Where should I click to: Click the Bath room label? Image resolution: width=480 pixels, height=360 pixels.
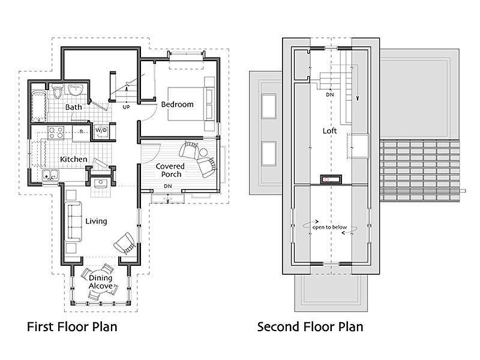pyautogui.click(x=73, y=107)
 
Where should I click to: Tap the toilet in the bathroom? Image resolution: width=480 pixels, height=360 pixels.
pyautogui.click(x=57, y=91)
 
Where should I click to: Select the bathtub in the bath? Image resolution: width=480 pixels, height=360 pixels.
pyautogui.click(x=39, y=106)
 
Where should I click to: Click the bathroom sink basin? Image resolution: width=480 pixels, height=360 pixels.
pyautogui.click(x=76, y=91)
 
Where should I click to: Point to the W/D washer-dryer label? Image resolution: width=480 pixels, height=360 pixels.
pyautogui.click(x=101, y=130)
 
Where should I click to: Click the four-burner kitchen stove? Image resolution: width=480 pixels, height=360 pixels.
pyautogui.click(x=56, y=133)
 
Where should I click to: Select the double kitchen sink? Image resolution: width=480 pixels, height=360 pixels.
pyautogui.click(x=50, y=175)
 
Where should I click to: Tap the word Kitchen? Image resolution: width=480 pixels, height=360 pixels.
pyautogui.click(x=74, y=159)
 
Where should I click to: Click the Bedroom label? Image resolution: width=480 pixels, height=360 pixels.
pyautogui.click(x=178, y=104)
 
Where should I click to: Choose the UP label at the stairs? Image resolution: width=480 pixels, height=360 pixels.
pyautogui.click(x=126, y=107)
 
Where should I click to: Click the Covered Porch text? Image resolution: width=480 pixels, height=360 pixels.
pyautogui.click(x=170, y=170)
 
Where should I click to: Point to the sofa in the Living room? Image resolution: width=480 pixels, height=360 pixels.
pyautogui.click(x=73, y=221)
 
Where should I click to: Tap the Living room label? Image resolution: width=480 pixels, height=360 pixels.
pyautogui.click(x=96, y=221)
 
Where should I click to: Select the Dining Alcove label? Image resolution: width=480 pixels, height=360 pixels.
pyautogui.click(x=100, y=281)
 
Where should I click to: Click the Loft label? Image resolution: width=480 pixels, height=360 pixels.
pyautogui.click(x=329, y=131)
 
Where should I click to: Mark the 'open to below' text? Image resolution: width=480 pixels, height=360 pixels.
pyautogui.click(x=329, y=227)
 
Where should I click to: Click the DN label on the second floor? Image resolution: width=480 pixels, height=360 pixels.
pyautogui.click(x=329, y=95)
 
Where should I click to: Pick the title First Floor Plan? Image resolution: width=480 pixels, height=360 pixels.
pyautogui.click(x=72, y=326)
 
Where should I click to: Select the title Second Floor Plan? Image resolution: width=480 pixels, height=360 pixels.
pyautogui.click(x=310, y=326)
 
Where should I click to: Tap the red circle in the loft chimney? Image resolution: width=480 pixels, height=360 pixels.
pyautogui.click(x=326, y=179)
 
